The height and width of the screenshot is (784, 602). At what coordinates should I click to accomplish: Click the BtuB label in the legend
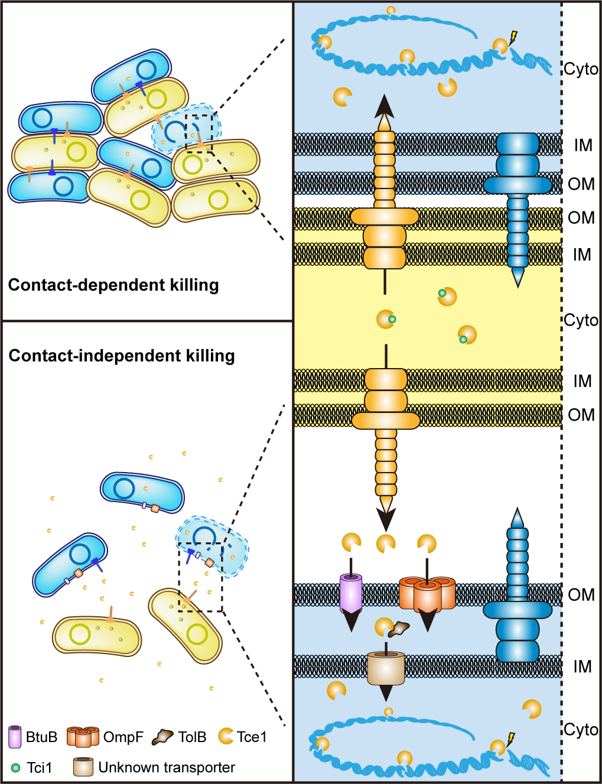tap(41, 737)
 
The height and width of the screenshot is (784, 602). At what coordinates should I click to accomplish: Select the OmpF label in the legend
tap(123, 737)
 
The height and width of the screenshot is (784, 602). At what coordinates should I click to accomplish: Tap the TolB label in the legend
tap(192, 737)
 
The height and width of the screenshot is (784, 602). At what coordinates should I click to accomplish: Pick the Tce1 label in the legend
tap(252, 737)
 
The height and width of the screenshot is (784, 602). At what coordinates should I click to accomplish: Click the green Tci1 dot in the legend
tap(16, 768)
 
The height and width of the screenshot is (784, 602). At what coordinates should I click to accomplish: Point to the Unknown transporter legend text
tap(166, 767)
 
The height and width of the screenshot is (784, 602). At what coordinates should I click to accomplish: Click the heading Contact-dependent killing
tap(113, 285)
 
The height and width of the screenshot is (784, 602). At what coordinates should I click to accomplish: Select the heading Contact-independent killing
tap(122, 356)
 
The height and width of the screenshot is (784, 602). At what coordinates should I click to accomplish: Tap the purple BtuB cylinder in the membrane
tap(351, 593)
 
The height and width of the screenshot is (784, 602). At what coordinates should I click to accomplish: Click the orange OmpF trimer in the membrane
tap(427, 593)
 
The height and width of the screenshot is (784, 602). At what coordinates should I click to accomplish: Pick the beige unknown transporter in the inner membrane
tap(386, 668)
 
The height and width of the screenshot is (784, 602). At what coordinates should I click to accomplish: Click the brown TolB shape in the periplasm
tap(400, 629)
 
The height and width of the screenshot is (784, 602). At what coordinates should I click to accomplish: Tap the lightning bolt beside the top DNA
tap(513, 37)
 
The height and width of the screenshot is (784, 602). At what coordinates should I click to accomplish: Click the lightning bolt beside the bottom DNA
tap(511, 739)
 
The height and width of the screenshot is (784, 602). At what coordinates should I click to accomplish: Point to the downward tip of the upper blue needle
tap(518, 279)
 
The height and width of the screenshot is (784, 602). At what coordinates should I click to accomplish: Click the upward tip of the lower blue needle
tap(518, 516)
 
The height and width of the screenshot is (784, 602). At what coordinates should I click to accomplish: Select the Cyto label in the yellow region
tap(581, 320)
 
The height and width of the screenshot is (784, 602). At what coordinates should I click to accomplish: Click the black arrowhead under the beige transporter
tap(386, 693)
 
